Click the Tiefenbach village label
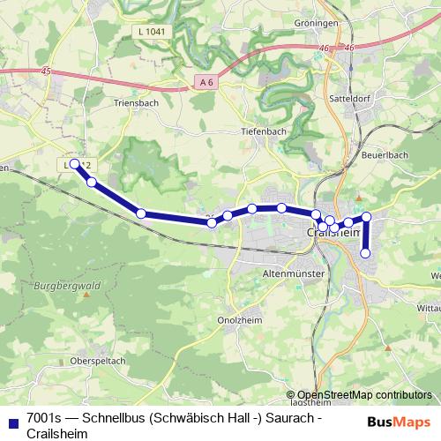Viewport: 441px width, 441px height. coord(264,131)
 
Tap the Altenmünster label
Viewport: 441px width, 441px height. coord(294,275)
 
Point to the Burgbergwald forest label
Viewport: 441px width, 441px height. coord(63,288)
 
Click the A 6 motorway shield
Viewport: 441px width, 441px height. coord(206,82)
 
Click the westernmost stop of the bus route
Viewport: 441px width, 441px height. coord(76,164)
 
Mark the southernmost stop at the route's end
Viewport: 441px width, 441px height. coord(366,253)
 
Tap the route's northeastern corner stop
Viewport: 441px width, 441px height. coord(367,217)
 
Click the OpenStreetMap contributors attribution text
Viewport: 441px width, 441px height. coord(364,395)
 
